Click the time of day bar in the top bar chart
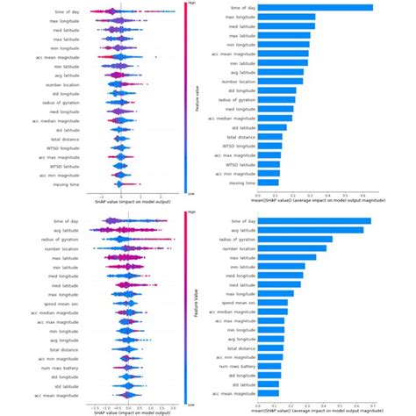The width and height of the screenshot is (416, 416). pos(315,8)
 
